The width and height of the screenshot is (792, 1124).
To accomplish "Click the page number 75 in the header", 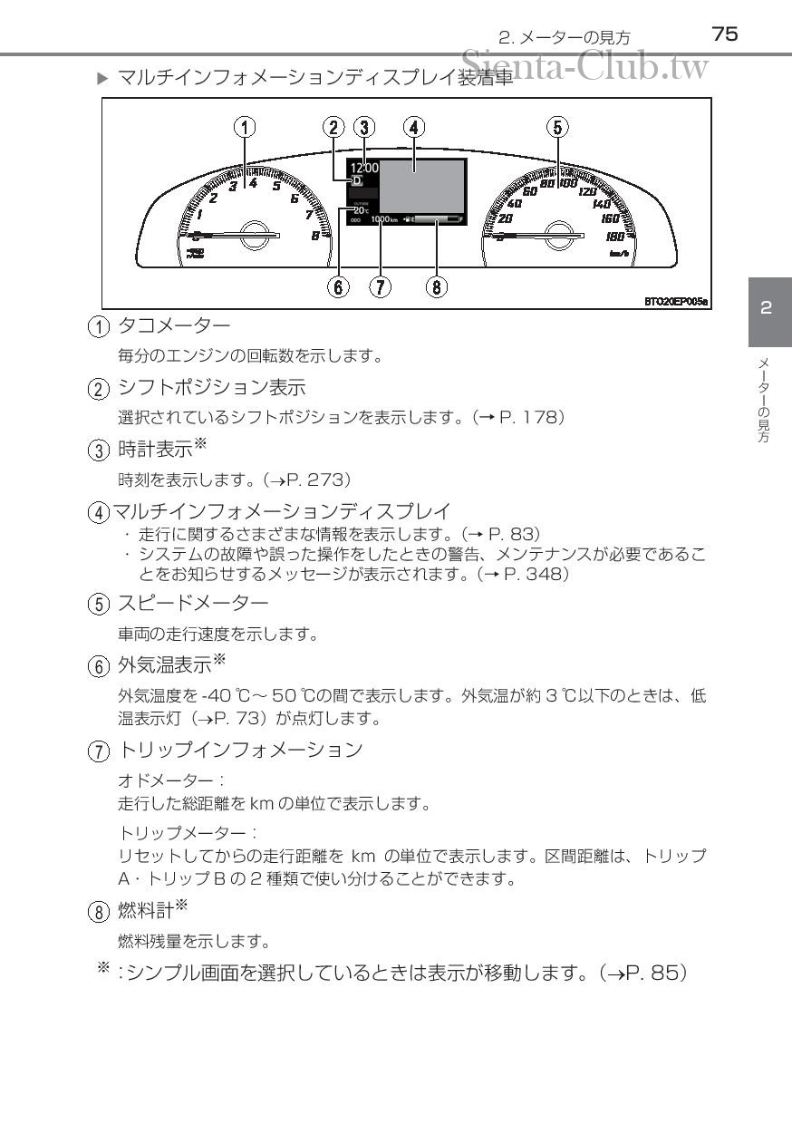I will pyautogui.click(x=725, y=34).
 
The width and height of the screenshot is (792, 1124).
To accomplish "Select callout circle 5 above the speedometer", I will pyautogui.click(x=556, y=127).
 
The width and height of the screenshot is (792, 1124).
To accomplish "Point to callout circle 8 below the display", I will pyautogui.click(x=437, y=287).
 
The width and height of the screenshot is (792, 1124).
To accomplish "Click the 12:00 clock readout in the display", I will pyautogui.click(x=364, y=167).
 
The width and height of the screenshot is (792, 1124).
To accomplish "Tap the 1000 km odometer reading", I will pyautogui.click(x=384, y=219).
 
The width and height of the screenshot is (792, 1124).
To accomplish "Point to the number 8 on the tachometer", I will pyautogui.click(x=314, y=235).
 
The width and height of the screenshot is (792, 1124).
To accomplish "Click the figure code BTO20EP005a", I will pyautogui.click(x=676, y=300).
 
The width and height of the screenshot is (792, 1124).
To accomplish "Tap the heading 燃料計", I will pyautogui.click(x=145, y=908).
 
